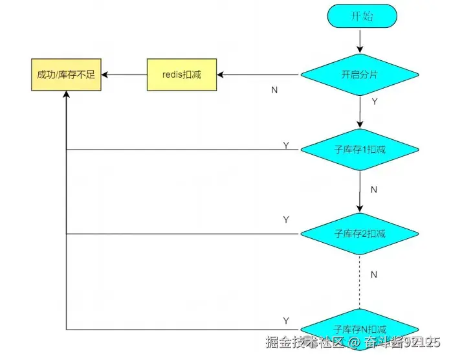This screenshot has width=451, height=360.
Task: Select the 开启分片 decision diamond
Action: click(x=360, y=75)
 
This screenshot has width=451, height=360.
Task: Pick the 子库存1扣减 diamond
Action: click(x=360, y=150)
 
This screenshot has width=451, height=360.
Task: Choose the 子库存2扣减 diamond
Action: click(x=360, y=234)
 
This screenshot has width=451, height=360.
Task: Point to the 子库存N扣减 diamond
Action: click(x=360, y=328)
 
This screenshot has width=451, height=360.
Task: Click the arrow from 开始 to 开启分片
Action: click(x=360, y=41)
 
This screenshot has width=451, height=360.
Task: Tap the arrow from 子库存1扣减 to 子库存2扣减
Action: click(x=360, y=191)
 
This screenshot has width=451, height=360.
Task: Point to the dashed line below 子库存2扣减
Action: click(x=360, y=282)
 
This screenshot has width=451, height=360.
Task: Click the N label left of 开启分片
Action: click(x=274, y=90)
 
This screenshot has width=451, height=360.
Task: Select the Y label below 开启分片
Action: click(x=375, y=102)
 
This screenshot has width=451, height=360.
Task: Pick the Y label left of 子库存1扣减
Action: click(x=286, y=145)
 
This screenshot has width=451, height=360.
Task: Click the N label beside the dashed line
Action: click(x=374, y=275)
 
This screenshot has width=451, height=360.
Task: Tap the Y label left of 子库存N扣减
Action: click(x=286, y=321)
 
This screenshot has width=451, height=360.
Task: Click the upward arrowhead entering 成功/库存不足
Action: click(x=66, y=95)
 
